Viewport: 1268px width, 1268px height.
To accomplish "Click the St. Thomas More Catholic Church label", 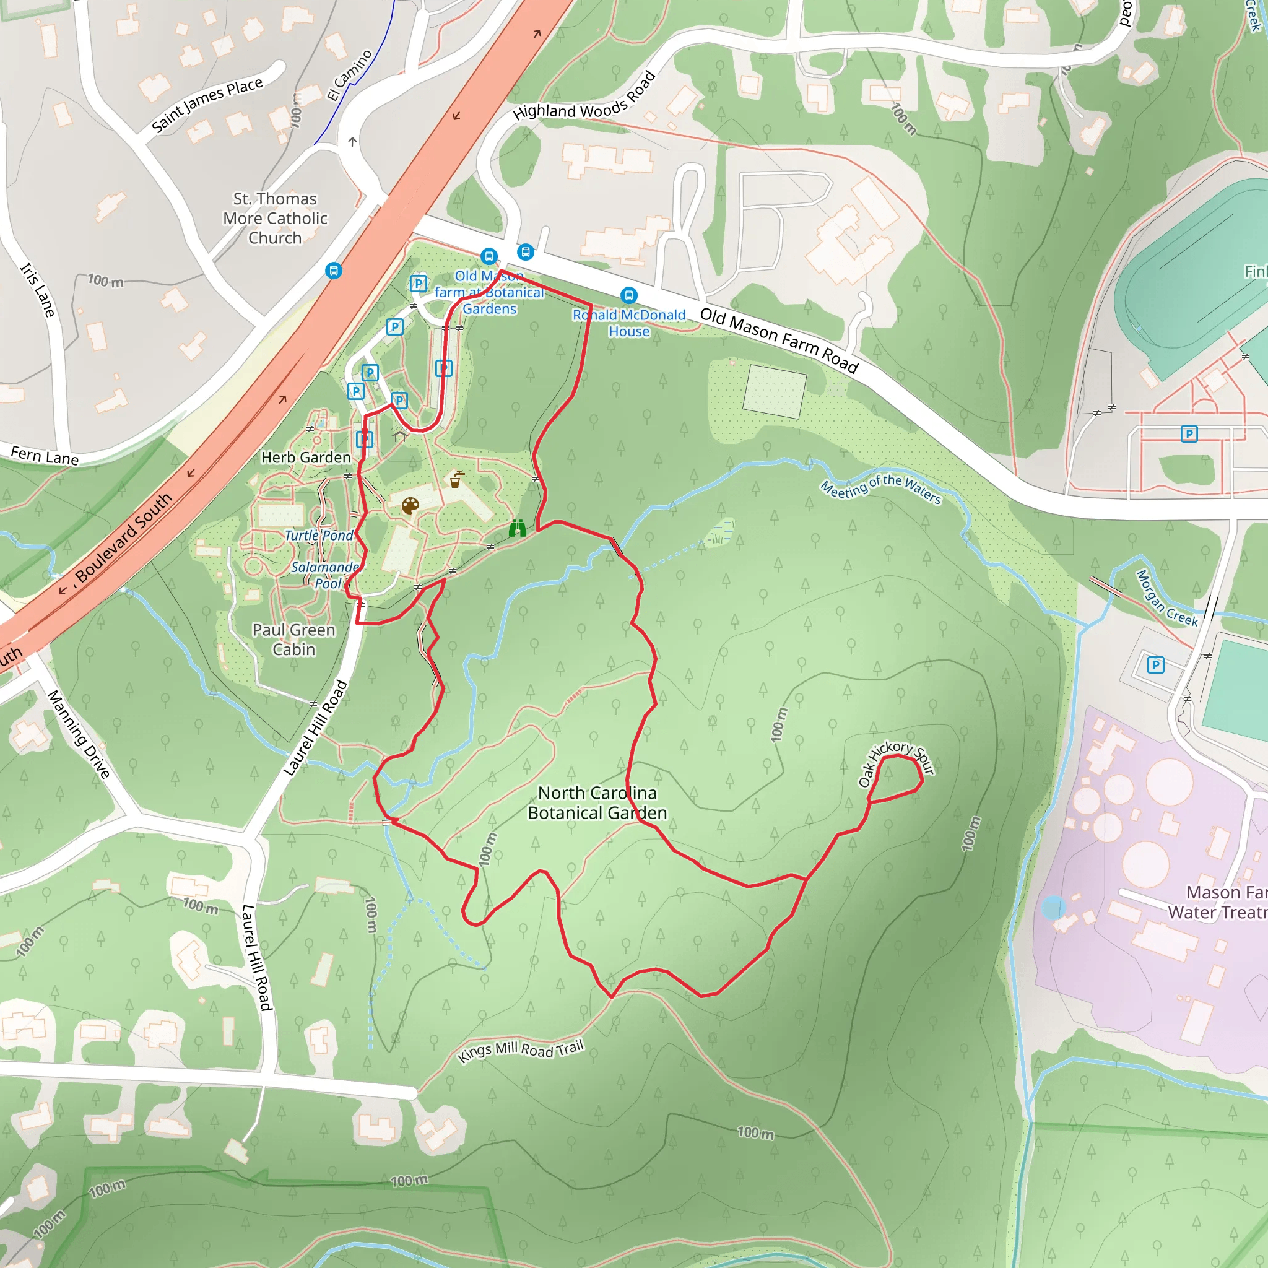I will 275,218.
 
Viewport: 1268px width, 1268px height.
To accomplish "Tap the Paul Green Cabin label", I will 294,639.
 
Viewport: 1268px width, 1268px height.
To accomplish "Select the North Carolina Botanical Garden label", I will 597,802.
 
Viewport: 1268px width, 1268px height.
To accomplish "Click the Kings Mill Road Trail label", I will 521,1050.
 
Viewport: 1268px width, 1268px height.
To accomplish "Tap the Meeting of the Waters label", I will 881,489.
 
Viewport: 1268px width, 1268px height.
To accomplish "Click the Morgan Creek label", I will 1166,599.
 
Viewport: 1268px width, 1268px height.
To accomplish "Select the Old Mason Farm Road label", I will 779,340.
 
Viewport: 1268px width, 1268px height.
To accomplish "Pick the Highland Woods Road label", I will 584,97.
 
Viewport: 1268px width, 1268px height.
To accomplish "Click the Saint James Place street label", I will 207,105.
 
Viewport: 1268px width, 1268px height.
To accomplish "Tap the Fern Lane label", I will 45,455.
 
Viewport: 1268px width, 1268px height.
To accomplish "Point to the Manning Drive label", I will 78,734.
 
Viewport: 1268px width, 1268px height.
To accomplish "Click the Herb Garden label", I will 306,458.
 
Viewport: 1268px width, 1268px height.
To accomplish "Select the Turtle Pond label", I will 318,536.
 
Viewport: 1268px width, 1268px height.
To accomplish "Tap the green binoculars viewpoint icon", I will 517,528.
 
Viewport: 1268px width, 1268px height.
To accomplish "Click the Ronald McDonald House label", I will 629,323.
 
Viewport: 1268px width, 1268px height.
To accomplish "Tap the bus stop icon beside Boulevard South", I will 334,271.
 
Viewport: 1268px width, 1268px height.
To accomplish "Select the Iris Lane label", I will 38,289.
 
